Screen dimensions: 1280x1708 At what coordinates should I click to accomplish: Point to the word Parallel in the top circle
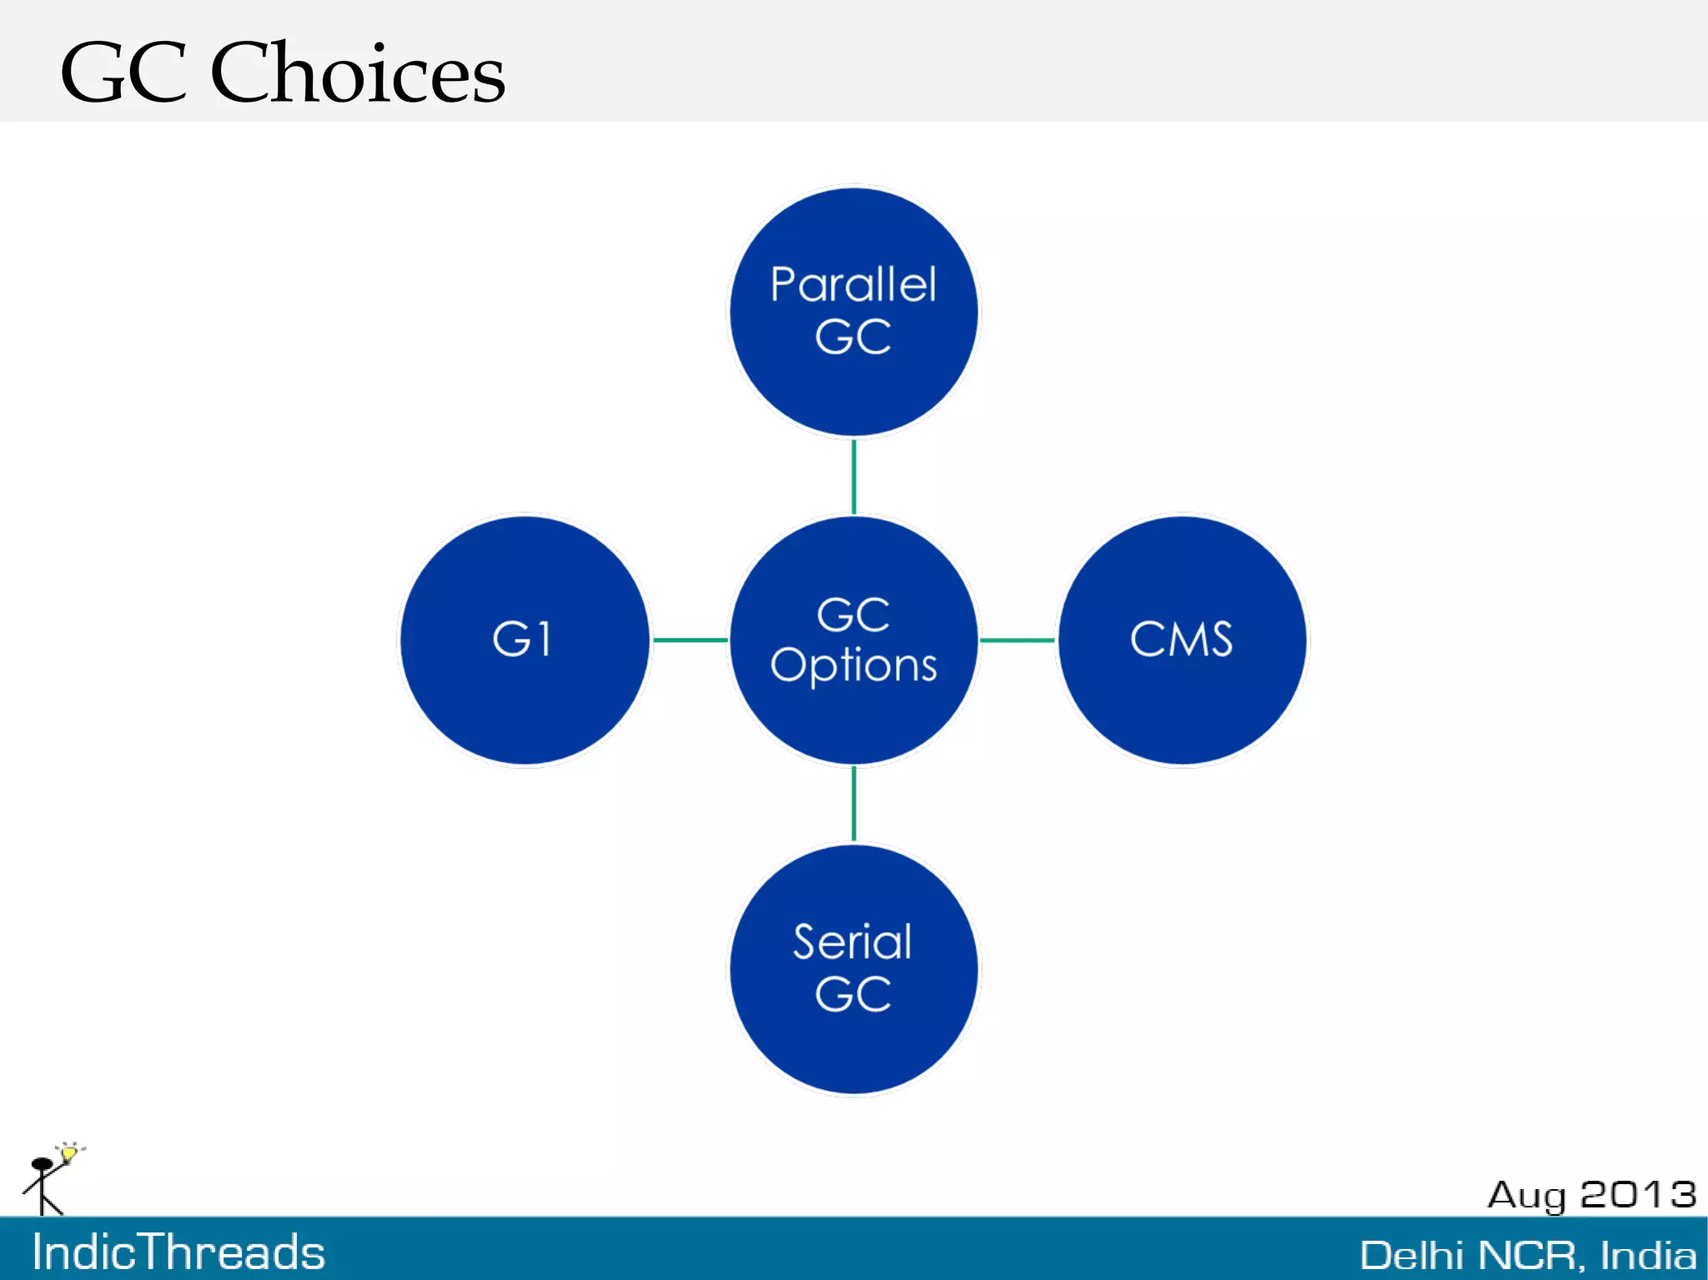click(x=853, y=285)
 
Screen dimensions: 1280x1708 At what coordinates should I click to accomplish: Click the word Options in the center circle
click(x=853, y=666)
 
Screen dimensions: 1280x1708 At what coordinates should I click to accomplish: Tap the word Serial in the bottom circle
click(x=852, y=942)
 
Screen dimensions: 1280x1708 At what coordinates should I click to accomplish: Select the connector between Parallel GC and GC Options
click(x=853, y=476)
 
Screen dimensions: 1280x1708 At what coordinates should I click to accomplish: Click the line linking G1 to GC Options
click(x=689, y=640)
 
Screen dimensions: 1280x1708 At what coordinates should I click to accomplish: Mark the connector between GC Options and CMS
click(x=1017, y=640)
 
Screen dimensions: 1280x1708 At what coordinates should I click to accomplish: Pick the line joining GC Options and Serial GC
click(x=853, y=803)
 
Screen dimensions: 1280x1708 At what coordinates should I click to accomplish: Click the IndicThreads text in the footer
click(x=178, y=1252)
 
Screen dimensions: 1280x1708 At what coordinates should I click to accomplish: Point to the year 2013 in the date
click(x=1638, y=1194)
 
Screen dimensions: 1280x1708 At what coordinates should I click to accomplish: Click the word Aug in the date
click(x=1527, y=1196)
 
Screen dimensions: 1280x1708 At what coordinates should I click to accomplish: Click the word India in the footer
click(x=1647, y=1255)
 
